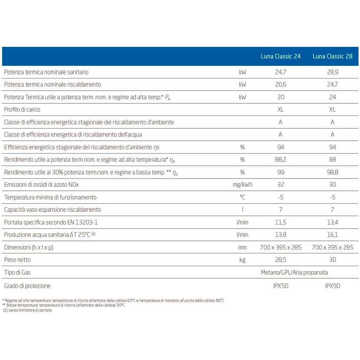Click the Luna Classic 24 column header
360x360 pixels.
click(280, 56)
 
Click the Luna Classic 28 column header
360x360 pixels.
click(332, 56)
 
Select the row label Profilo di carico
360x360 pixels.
click(22, 109)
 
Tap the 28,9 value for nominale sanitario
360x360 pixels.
click(332, 72)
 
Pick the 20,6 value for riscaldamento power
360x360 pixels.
click(280, 85)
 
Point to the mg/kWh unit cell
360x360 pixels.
click(243, 185)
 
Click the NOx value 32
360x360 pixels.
click(280, 185)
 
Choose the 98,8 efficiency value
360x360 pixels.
click(332, 172)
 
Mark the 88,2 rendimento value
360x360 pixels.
click(280, 159)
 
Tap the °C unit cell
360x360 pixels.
click(243, 197)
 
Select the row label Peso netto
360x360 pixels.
click(17, 260)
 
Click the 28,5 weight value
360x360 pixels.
click(280, 260)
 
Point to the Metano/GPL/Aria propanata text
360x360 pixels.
click(294, 273)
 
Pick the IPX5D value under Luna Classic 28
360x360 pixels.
click(332, 286)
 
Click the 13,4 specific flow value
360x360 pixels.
click(332, 222)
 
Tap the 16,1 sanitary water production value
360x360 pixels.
click(332, 235)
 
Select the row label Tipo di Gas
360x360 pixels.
click(17, 273)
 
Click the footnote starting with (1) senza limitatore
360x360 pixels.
click(28, 310)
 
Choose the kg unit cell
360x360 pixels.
click(243, 260)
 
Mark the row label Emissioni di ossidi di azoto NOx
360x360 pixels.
click(41, 185)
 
